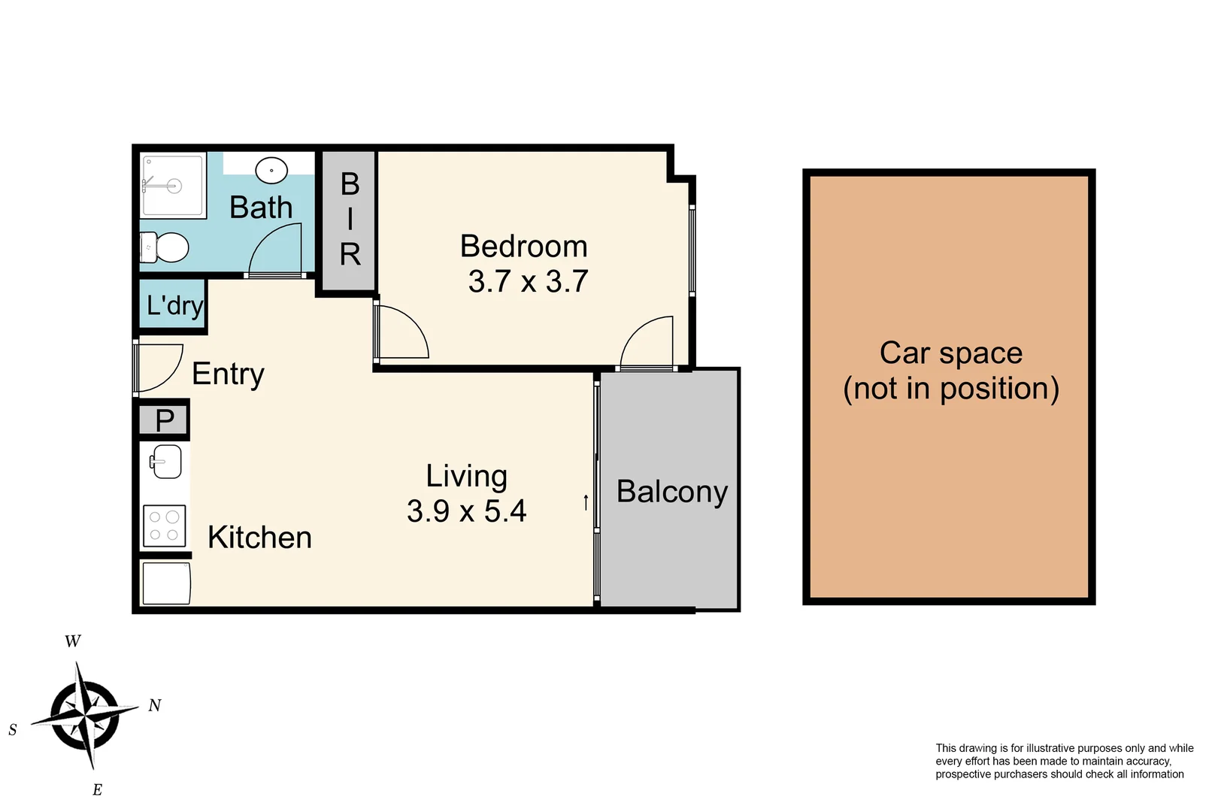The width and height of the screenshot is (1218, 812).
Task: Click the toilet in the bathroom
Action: click(x=166, y=247)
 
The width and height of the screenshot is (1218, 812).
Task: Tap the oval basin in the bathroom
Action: click(x=271, y=171)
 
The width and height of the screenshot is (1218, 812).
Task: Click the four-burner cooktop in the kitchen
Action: click(x=164, y=525)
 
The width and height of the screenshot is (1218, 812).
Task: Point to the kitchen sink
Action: click(x=165, y=462)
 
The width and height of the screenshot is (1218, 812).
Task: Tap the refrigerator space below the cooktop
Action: click(x=166, y=583)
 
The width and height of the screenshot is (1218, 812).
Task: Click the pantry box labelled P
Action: click(x=165, y=420)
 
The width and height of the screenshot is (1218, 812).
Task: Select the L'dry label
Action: click(x=174, y=305)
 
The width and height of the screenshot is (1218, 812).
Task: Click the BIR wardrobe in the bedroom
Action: click(x=350, y=220)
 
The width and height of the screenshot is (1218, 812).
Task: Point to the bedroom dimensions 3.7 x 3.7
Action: click(x=528, y=282)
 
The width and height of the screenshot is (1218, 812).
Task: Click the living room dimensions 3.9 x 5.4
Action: click(x=466, y=511)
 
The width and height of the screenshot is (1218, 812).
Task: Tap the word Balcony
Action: click(x=672, y=492)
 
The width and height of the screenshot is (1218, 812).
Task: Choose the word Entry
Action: click(x=228, y=374)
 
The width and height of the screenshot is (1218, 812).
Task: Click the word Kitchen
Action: click(x=259, y=538)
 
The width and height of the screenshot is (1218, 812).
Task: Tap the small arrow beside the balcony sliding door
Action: click(x=586, y=502)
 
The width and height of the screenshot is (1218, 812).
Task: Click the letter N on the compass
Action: click(x=155, y=705)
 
